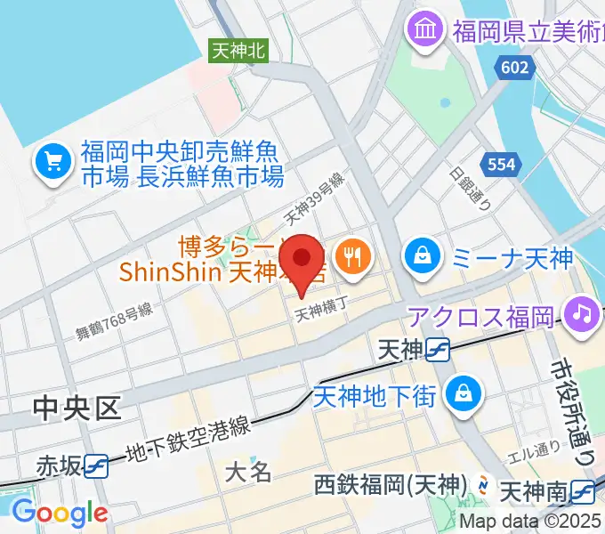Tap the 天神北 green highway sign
click(x=238, y=52)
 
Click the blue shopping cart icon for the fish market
click(x=52, y=161)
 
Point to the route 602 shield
click(x=513, y=68)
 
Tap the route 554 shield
click(x=499, y=164)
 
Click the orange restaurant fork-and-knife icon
click(x=354, y=256)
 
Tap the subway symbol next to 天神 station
click(x=438, y=351)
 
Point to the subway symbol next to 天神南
click(x=583, y=489)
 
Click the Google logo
click(x=60, y=513)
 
